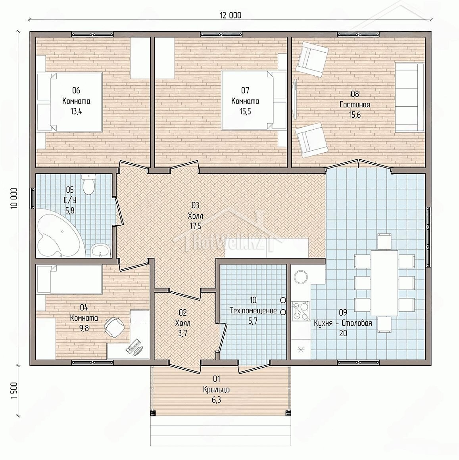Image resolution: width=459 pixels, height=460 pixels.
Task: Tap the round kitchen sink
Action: click(301, 277)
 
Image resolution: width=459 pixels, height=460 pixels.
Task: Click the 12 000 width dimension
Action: click(230, 15)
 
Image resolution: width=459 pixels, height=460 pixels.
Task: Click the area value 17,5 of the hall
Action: click(196, 226)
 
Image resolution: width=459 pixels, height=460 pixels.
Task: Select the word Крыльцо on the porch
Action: click(216, 389)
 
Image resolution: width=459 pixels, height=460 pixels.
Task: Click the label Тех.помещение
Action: click(253, 310)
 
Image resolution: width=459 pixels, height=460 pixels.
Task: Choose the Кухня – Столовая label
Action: click(343, 323)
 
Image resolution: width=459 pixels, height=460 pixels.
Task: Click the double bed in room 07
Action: click(254, 100)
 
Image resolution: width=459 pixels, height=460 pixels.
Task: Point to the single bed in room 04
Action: click(69, 279)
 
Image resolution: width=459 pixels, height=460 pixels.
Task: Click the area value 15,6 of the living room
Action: click(355, 115)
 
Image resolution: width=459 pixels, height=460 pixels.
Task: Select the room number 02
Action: click(182, 313)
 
